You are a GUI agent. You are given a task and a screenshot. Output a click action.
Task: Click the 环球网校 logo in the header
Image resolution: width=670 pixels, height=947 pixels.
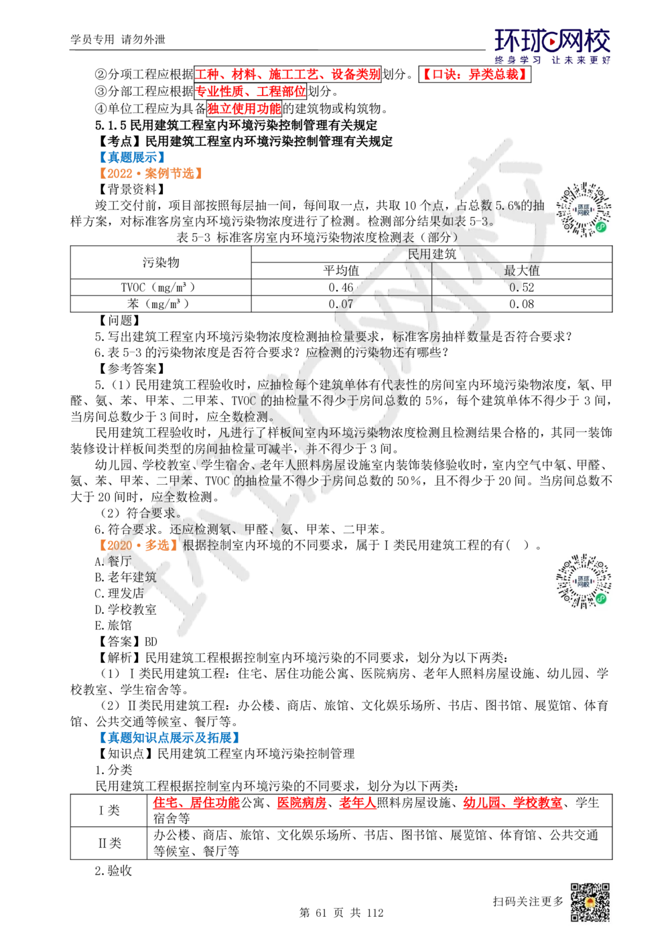pos(552,46)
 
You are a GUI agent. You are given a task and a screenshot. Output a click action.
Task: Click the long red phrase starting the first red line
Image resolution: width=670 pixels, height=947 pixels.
pos(287,74)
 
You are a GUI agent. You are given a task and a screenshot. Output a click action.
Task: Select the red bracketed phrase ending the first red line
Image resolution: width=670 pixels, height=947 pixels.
pos(474,74)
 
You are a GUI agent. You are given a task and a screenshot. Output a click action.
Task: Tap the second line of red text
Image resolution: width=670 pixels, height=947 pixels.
pos(250,92)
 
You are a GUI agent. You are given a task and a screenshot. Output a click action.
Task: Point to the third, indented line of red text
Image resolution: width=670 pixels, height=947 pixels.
pos(244,108)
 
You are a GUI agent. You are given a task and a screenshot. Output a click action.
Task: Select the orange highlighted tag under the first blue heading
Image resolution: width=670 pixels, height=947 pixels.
pos(150,174)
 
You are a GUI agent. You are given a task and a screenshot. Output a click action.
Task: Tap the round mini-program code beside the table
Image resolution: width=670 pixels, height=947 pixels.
pos(584,209)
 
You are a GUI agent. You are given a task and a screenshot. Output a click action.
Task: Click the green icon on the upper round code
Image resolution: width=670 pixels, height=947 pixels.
pos(601,228)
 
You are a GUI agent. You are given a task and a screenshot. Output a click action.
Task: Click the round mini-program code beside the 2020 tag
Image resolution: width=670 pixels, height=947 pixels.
pos(584,581)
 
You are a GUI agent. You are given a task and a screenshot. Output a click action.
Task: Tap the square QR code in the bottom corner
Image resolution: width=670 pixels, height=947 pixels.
pos(589,903)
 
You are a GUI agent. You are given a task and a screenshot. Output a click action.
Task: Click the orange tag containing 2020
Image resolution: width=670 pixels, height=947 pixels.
pos(139,544)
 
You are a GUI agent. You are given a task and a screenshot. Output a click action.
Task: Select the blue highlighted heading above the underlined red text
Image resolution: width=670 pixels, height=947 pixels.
pos(168,737)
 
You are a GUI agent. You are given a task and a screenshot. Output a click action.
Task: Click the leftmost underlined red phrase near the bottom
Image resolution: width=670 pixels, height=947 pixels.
pos(196,803)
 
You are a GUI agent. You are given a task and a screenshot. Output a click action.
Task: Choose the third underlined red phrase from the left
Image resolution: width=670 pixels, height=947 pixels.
pos(358,803)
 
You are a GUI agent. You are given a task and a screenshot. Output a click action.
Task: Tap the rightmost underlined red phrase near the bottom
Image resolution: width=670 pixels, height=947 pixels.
pos(513,803)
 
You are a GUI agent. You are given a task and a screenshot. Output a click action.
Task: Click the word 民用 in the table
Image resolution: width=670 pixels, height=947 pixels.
pos(421,254)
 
